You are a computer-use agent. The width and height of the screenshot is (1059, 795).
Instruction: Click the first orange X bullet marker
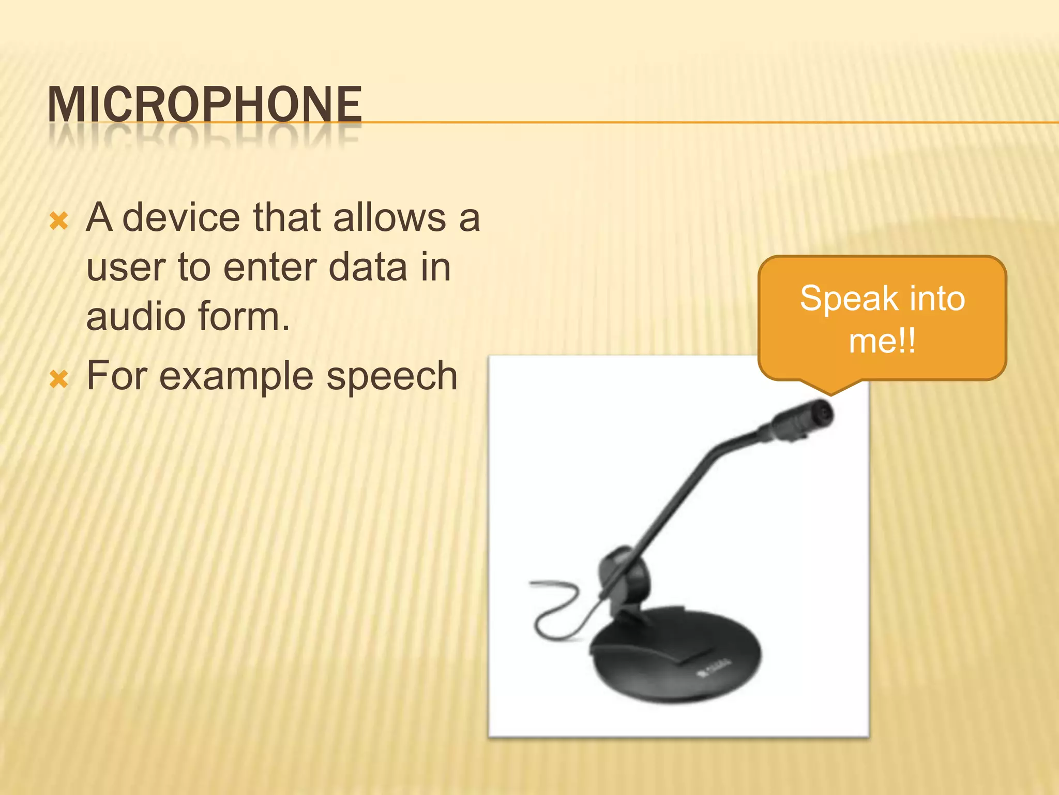click(x=59, y=222)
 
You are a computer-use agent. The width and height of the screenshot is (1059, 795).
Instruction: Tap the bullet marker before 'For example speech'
click(x=59, y=379)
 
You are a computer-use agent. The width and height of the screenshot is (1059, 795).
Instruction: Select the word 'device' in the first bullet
click(x=181, y=217)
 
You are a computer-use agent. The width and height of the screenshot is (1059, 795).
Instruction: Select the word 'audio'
click(x=135, y=317)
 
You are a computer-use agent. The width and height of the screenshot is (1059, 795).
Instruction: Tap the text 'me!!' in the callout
click(x=882, y=341)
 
